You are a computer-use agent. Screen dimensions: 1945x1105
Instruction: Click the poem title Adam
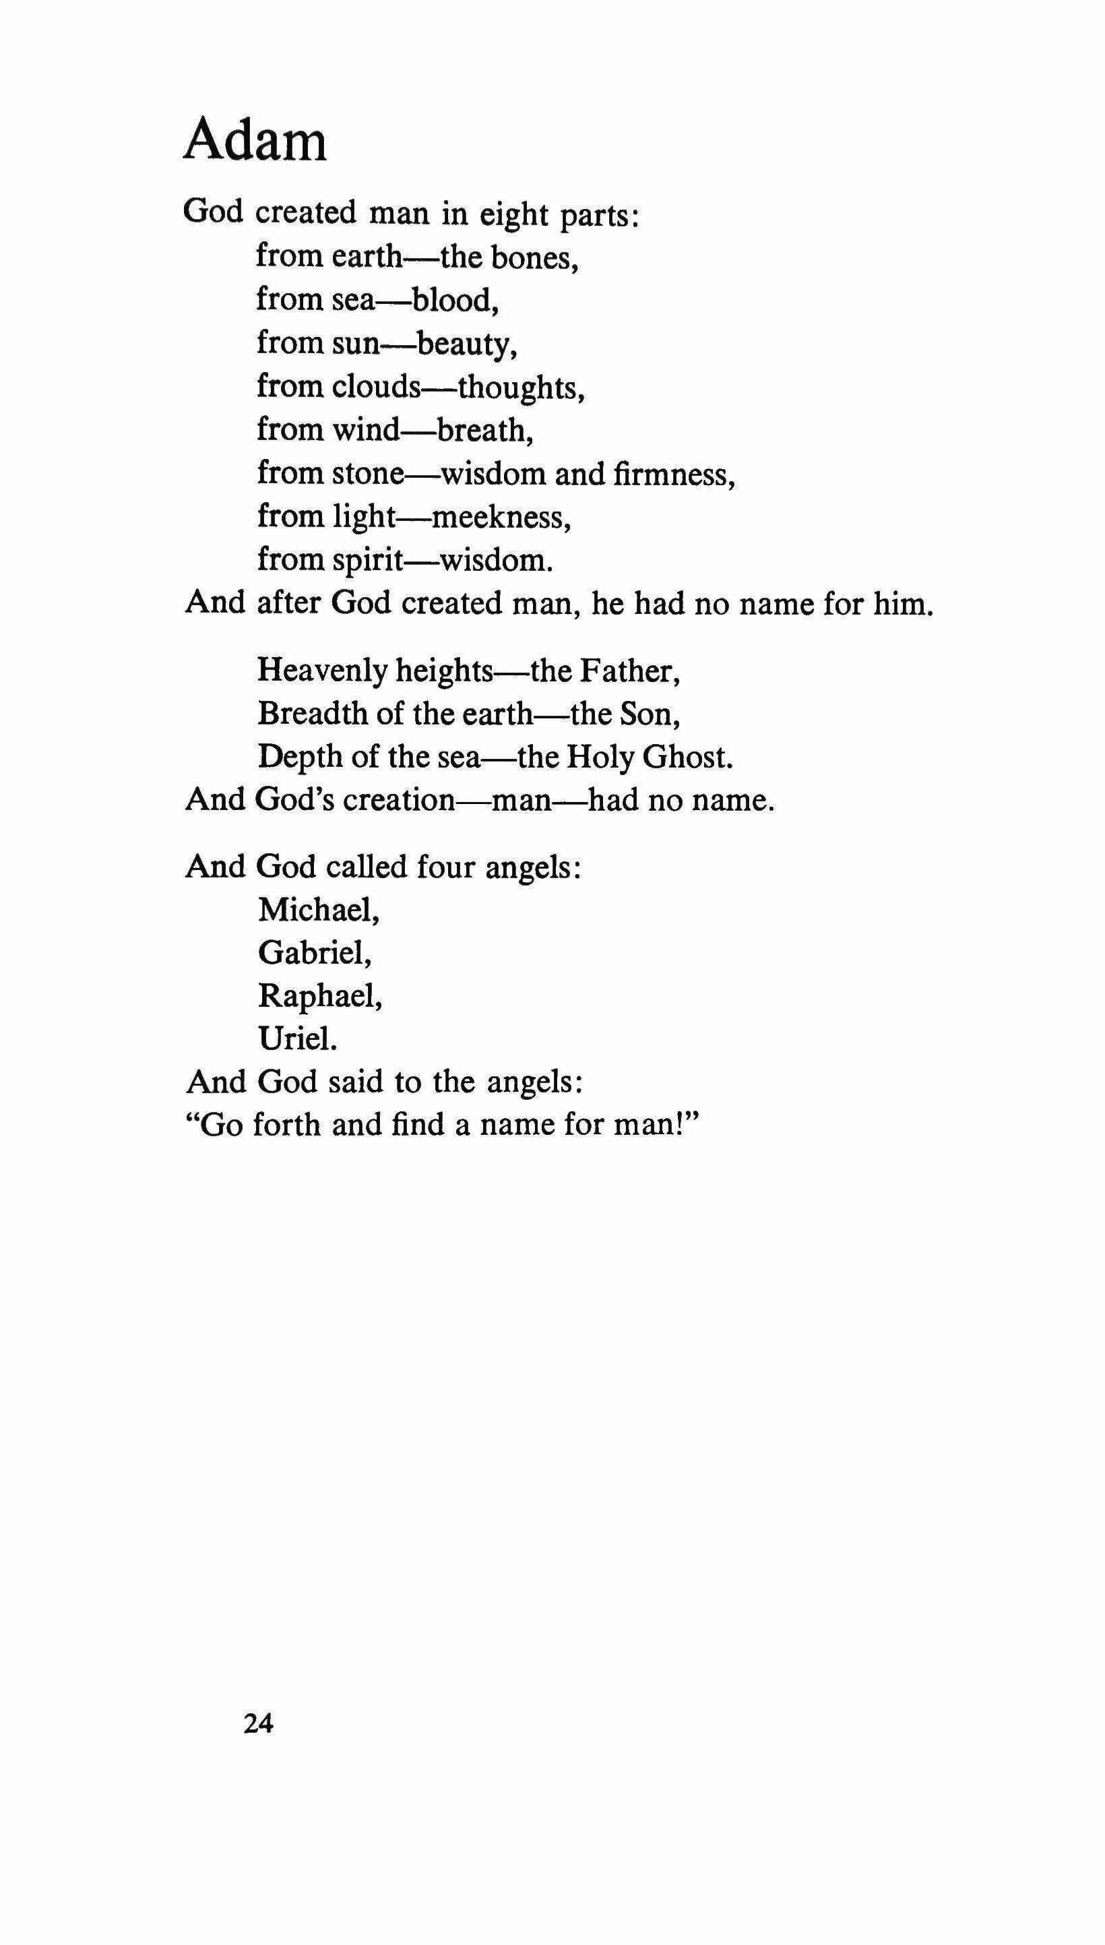tap(255, 140)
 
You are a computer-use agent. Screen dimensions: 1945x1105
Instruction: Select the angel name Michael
tap(318, 909)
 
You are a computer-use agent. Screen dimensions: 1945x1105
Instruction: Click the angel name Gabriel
tap(314, 952)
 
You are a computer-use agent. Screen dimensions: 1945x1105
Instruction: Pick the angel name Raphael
tap(319, 995)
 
